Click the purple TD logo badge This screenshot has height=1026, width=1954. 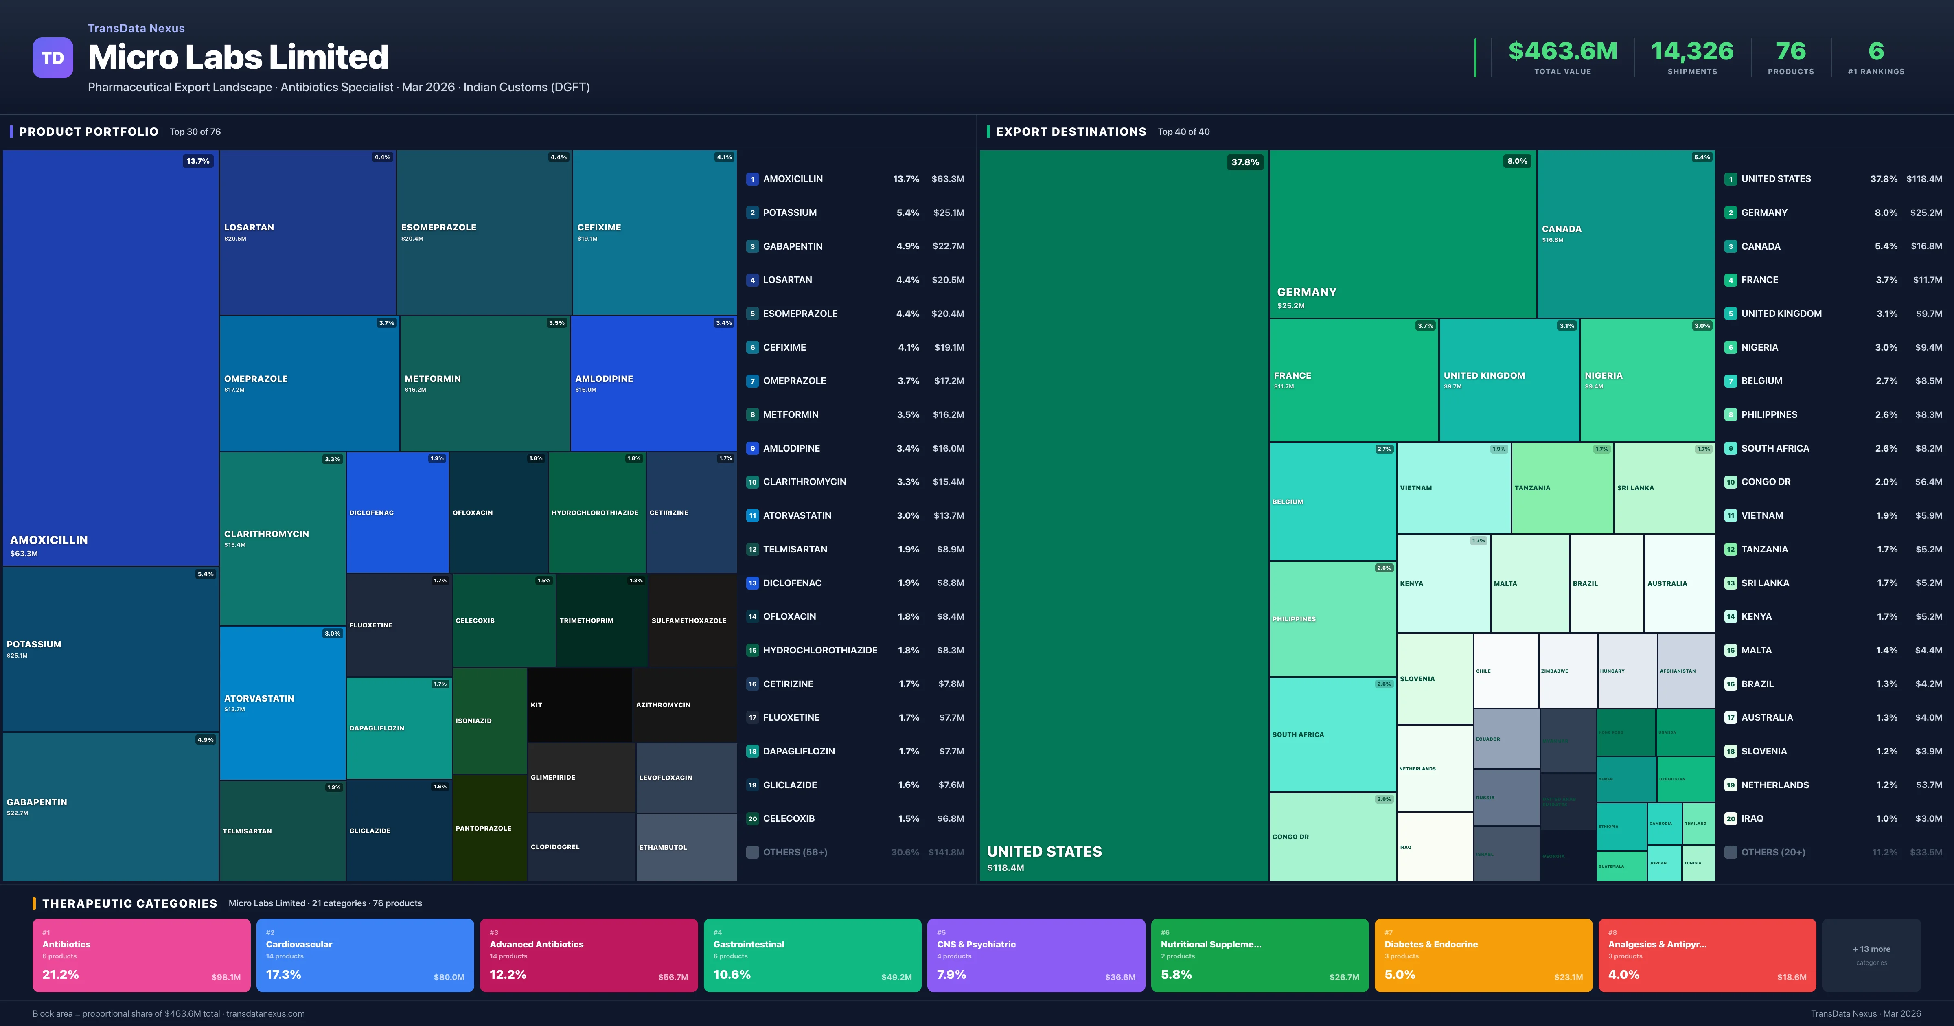pos(53,58)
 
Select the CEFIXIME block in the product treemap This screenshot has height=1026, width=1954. pos(654,232)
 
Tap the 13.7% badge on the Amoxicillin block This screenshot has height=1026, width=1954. pos(198,161)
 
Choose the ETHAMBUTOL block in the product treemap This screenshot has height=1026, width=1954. pos(686,847)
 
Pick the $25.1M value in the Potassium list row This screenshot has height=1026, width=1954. pos(948,213)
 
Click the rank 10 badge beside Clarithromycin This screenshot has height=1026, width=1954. pos(752,482)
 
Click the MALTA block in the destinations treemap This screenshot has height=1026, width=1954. pos(1529,583)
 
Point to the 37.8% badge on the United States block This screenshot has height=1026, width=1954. pos(1245,162)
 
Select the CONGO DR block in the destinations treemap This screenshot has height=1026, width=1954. pos(1332,836)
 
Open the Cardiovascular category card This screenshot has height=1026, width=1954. pos(365,955)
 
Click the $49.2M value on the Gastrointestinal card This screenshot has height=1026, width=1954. pos(896,977)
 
